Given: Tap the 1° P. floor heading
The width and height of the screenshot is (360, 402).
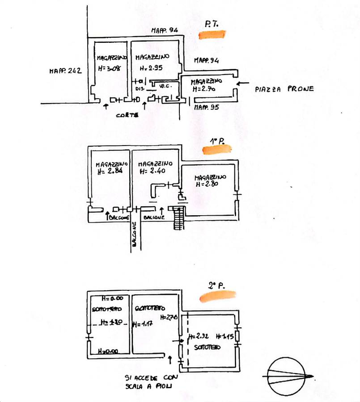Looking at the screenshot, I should (217, 142).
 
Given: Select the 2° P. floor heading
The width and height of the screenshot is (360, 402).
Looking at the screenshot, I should (216, 285).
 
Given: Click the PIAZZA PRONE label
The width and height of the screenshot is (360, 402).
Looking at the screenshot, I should (284, 89).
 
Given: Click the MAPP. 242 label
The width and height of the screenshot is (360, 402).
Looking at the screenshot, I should (65, 70).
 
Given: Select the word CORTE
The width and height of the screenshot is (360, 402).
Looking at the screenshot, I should (127, 115).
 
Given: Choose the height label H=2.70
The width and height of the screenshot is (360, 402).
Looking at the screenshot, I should (204, 89).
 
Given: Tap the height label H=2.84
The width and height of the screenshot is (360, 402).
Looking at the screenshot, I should (109, 171).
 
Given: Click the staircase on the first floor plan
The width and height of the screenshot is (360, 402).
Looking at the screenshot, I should (178, 218).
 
